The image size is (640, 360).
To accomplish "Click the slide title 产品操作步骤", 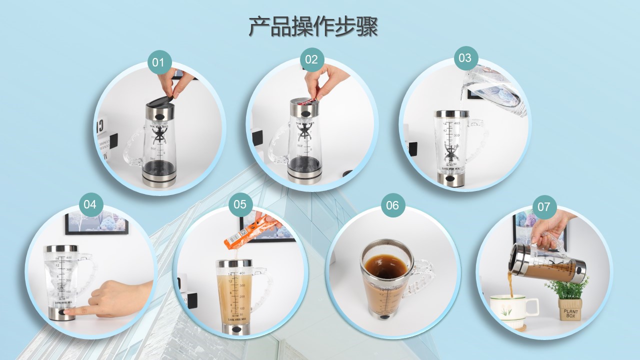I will click(313, 27).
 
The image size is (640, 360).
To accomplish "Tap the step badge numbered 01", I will click(159, 62).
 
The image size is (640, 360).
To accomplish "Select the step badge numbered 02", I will click(311, 60).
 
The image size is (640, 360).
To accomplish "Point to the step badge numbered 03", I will click(465, 58).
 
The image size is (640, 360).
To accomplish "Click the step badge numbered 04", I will click(90, 204).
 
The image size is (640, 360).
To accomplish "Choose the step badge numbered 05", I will click(240, 204).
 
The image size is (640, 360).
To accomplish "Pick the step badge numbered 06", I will click(393, 205).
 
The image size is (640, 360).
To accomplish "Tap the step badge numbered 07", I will click(544, 206).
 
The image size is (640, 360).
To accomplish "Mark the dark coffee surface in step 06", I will click(385, 264).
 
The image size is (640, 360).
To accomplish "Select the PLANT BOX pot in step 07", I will click(570, 309).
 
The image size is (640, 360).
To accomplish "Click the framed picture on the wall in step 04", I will click(96, 222).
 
